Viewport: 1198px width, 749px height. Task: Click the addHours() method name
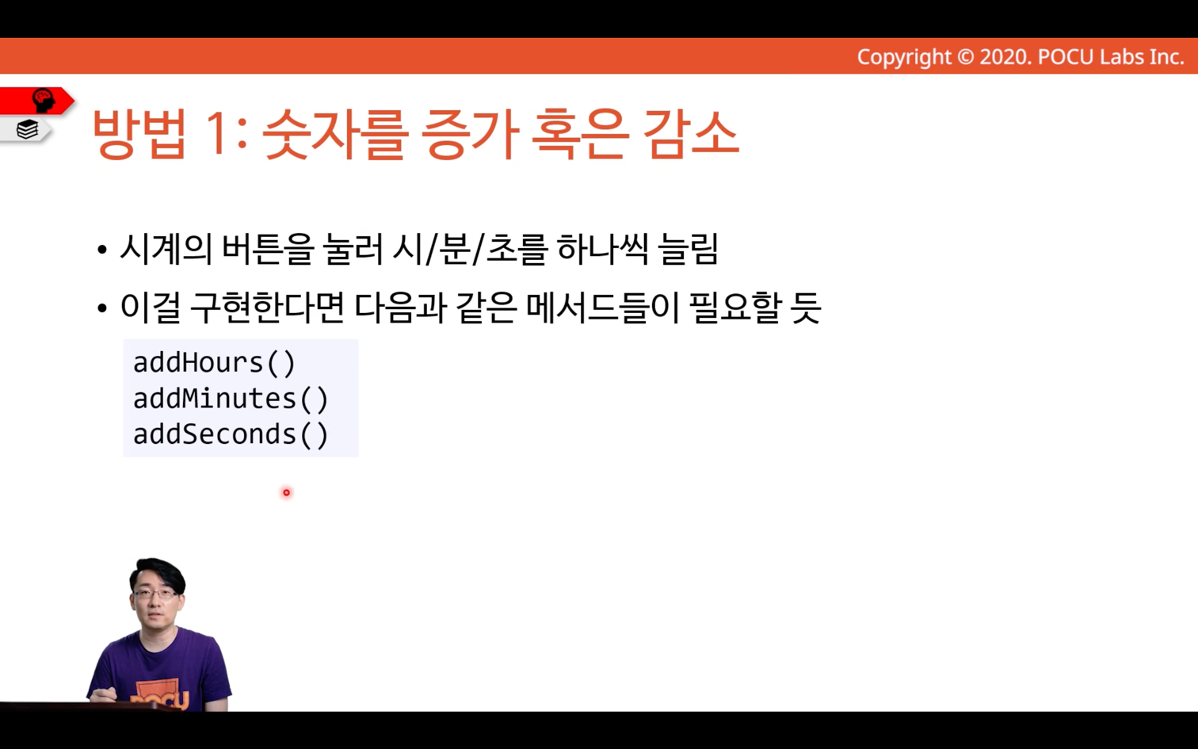(214, 363)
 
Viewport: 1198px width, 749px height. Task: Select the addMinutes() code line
(231, 399)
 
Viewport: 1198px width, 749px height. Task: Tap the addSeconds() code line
(231, 434)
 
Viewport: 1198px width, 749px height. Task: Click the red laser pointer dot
(286, 492)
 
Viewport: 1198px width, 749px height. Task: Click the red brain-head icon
(44, 101)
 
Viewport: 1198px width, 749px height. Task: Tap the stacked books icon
(27, 129)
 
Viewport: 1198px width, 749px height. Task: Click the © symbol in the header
(965, 57)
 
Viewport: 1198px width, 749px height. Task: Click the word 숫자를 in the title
(335, 134)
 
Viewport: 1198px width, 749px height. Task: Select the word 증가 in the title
(470, 134)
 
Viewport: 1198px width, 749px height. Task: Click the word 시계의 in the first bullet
(166, 250)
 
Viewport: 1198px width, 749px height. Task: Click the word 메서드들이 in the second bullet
(603, 308)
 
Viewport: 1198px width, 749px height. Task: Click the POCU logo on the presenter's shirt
(160, 697)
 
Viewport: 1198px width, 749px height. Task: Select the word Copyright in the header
(904, 57)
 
